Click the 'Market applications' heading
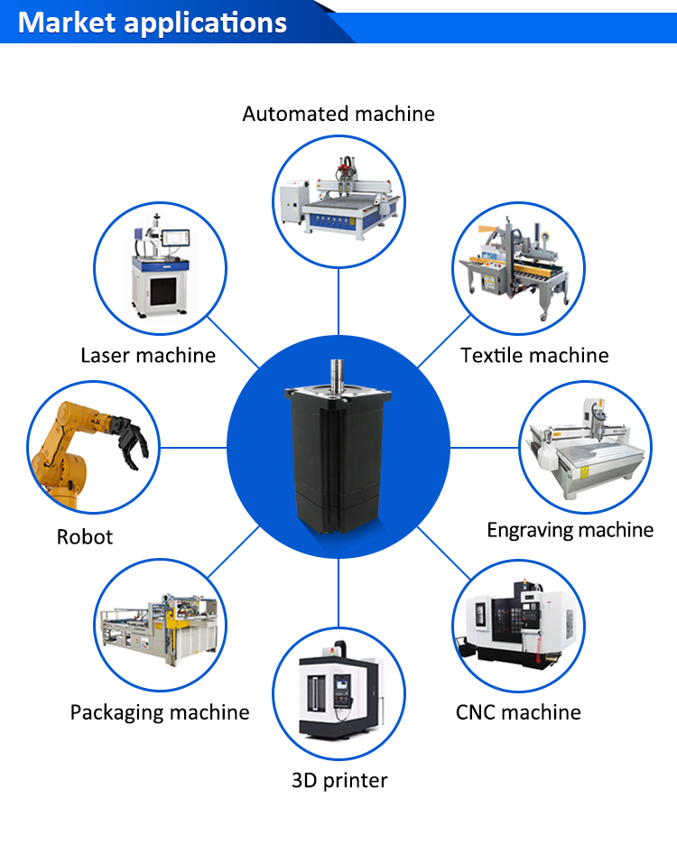tap(153, 23)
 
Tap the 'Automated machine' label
tap(338, 114)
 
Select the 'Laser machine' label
tap(148, 355)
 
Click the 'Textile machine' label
tap(534, 355)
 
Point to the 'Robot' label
tap(85, 536)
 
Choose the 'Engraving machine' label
tap(570, 529)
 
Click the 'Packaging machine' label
tap(160, 712)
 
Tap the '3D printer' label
tap(338, 780)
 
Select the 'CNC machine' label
tap(518, 712)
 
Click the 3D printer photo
tap(338, 692)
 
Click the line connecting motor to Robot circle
tap(194, 447)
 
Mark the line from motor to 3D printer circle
tap(338, 592)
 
